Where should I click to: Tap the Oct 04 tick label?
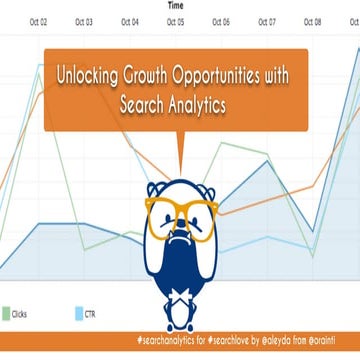[130, 20]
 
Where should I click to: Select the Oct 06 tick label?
[221, 20]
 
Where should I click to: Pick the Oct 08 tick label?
[312, 20]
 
